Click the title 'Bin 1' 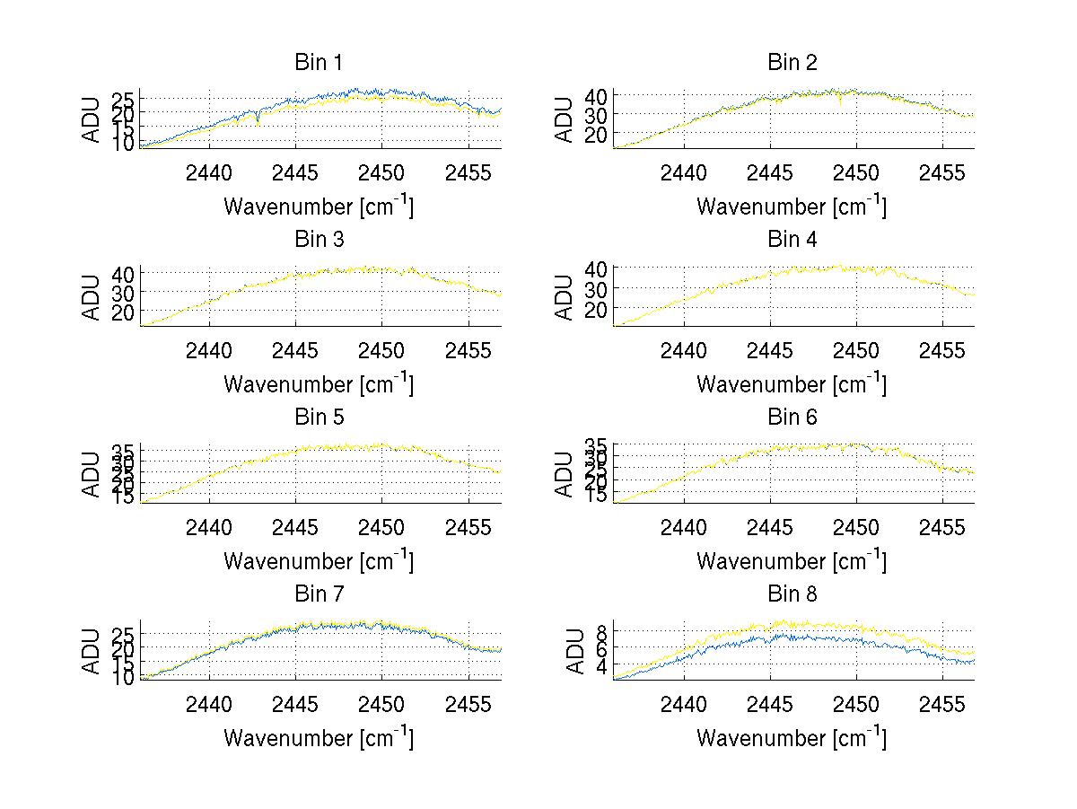coord(319,62)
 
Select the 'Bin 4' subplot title coord(792,239)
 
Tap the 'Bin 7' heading coord(319,594)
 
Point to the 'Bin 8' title coord(792,594)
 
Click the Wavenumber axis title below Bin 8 coord(792,738)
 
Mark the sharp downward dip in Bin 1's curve coord(258,121)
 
